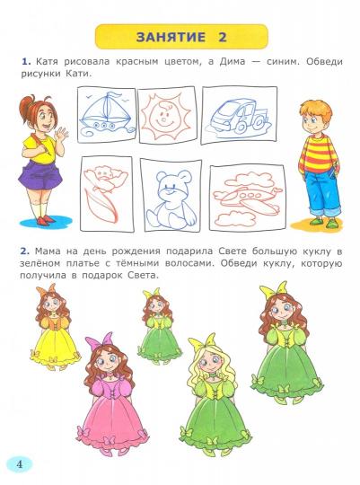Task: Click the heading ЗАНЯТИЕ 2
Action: click(180, 37)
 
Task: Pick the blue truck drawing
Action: click(234, 117)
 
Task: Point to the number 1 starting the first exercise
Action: click(26, 59)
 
